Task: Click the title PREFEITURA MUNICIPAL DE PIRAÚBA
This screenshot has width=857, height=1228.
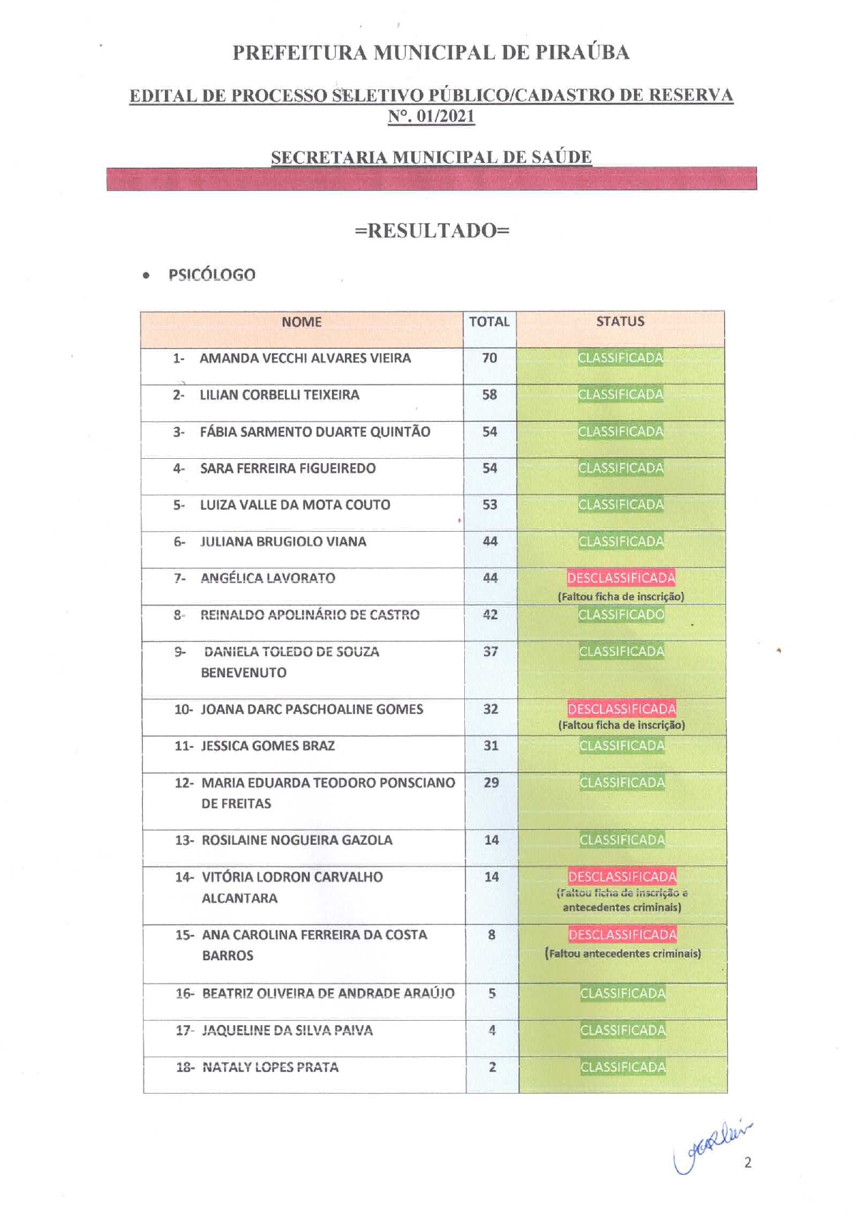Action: [431, 53]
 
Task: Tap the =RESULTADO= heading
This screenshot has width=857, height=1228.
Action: [432, 230]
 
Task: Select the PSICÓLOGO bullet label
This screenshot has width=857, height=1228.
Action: [211, 275]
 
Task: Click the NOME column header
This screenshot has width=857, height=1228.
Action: [301, 322]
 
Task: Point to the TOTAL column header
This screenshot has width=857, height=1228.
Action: [489, 322]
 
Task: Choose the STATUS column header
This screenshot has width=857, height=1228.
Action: [620, 322]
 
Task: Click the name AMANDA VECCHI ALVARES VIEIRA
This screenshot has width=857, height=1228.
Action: [305, 358]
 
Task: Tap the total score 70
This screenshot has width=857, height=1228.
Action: [489, 358]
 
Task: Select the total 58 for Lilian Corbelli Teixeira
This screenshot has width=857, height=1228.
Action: [489, 395]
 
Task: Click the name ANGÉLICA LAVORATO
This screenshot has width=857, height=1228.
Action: [268, 578]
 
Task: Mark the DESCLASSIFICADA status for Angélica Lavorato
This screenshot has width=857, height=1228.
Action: [621, 578]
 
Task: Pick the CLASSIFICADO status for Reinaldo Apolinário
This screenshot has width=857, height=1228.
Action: [621, 615]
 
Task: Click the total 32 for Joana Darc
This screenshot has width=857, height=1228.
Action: [491, 709]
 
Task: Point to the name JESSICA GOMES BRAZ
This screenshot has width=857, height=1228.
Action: [268, 746]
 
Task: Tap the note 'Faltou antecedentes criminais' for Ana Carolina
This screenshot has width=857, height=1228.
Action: [623, 954]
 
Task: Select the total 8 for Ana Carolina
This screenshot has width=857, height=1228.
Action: [491, 935]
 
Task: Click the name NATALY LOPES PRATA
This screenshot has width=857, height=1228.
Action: [270, 1067]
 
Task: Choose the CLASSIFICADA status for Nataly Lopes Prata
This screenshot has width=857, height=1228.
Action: [623, 1067]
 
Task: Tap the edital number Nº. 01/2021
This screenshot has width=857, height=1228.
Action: [431, 117]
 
